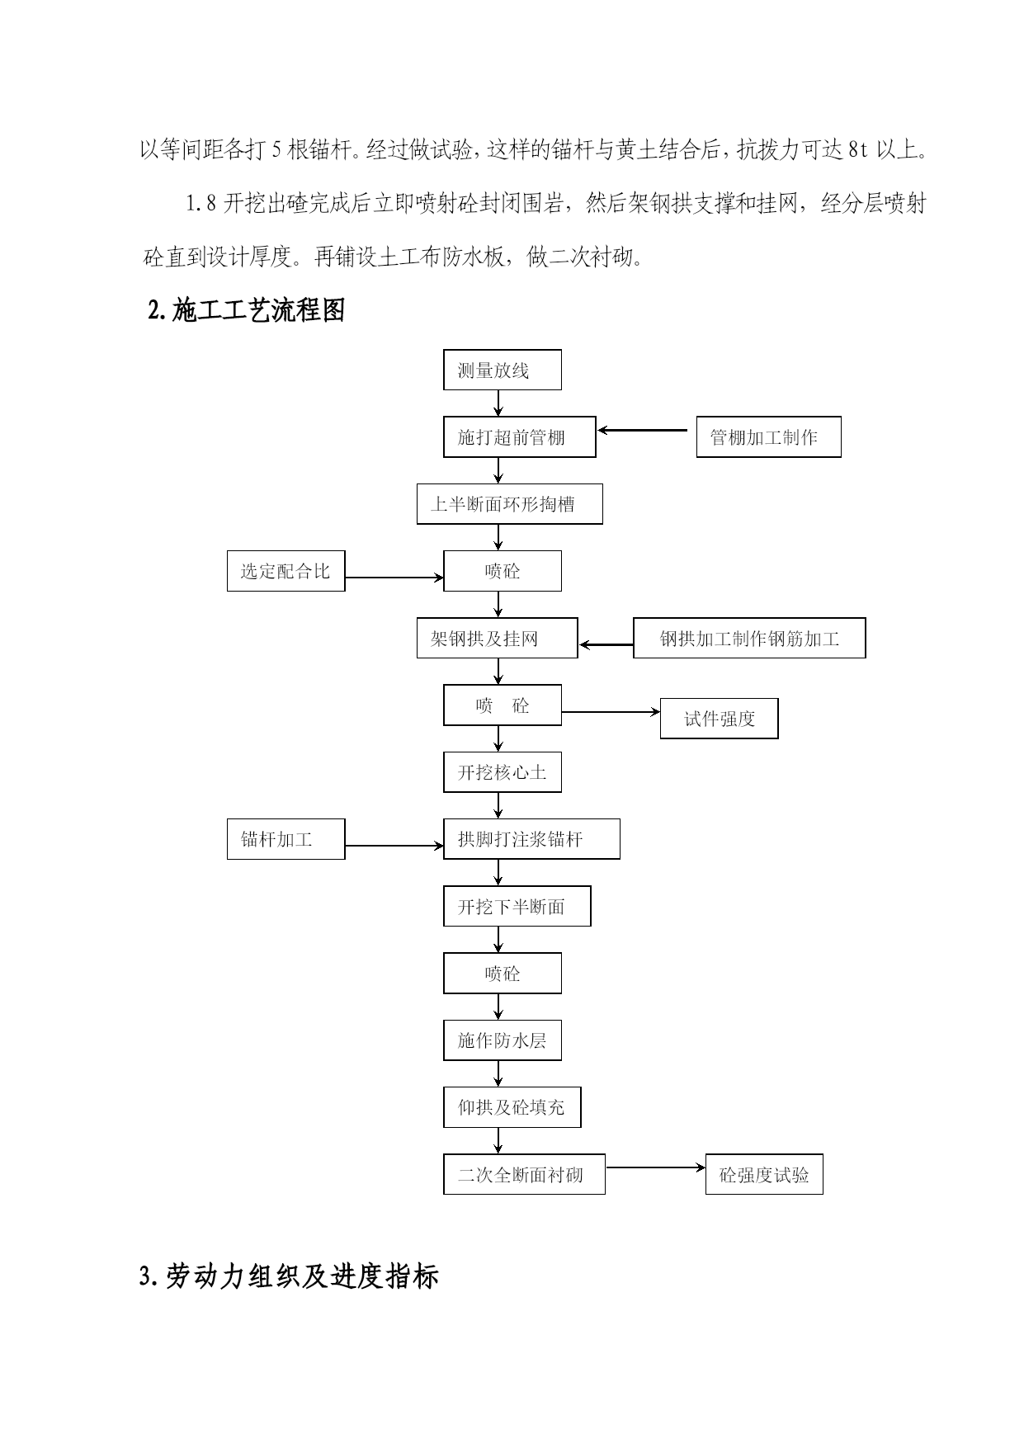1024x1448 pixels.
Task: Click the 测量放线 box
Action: (x=503, y=370)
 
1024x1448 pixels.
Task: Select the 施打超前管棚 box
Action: (x=520, y=437)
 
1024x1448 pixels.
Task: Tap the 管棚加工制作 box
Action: (x=769, y=437)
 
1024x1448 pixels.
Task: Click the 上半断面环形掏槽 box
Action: (x=510, y=504)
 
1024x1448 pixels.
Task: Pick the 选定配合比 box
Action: (x=286, y=571)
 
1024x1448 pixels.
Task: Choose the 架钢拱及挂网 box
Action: (x=498, y=638)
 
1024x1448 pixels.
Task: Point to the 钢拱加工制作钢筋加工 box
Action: (x=749, y=638)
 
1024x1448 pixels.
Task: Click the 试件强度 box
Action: (x=720, y=719)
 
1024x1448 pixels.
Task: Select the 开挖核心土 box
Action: (x=503, y=772)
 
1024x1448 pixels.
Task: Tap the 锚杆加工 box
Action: (x=286, y=839)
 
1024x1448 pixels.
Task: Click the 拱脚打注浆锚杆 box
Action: (x=532, y=839)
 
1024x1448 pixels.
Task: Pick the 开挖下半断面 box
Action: (x=517, y=907)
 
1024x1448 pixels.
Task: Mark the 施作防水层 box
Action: (x=503, y=1040)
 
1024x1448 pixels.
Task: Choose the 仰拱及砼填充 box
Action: (x=512, y=1107)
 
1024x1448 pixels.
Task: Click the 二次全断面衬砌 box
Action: (x=525, y=1174)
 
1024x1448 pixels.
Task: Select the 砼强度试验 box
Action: (x=765, y=1174)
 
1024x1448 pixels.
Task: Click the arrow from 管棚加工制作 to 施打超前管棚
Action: (x=643, y=430)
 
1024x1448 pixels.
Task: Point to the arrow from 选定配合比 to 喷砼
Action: (x=394, y=578)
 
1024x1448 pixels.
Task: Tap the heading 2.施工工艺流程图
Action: (x=246, y=311)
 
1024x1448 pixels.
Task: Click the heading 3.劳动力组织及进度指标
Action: (x=289, y=1276)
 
